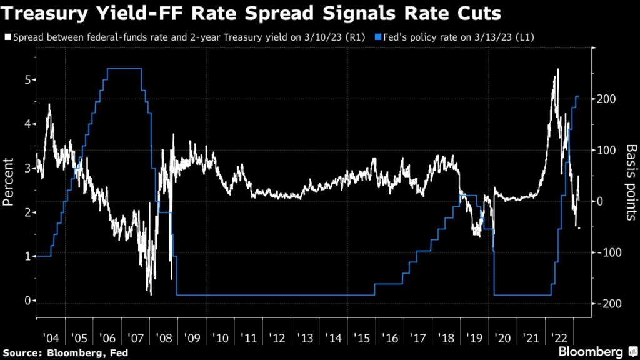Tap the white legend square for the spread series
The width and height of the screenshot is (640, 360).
point(7,37)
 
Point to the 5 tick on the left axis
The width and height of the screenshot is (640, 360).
point(27,80)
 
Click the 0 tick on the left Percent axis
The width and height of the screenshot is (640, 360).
point(27,301)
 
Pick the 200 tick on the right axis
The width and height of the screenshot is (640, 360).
point(609,99)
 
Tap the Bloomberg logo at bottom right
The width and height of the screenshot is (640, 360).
point(591,351)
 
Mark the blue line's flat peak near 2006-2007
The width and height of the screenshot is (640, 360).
point(124,69)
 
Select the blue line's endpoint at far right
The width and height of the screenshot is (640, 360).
point(578,96)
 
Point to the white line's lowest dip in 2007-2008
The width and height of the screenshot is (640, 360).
point(151,293)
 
